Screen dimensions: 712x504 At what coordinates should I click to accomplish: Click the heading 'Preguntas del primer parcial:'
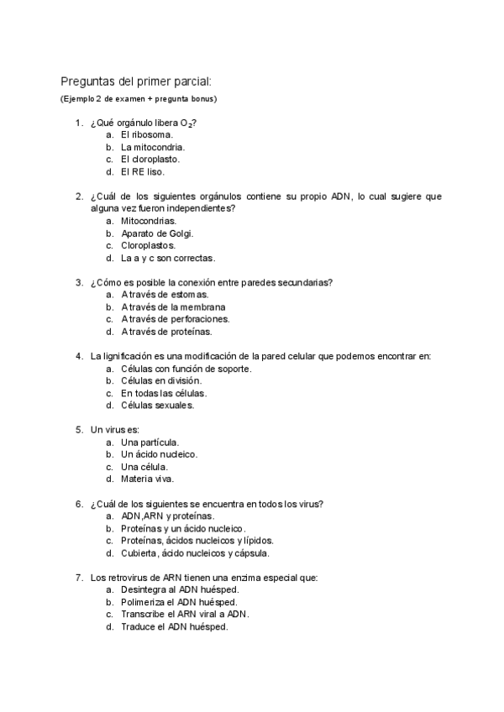(x=136, y=81)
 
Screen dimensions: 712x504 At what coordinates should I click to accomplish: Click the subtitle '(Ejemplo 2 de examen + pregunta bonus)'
(x=138, y=99)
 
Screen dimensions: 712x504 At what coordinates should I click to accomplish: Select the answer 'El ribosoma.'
(x=147, y=134)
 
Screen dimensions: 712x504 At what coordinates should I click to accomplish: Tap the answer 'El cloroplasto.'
(x=150, y=159)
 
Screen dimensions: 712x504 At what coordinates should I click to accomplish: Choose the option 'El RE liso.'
(x=143, y=171)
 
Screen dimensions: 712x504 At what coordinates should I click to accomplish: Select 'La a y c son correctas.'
(x=168, y=258)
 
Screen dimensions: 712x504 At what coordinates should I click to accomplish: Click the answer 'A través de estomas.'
(x=165, y=295)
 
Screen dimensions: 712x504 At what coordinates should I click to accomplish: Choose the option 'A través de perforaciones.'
(x=175, y=319)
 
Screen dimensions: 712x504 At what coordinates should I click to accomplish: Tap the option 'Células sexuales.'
(x=158, y=405)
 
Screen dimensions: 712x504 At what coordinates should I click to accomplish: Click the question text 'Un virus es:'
(x=115, y=430)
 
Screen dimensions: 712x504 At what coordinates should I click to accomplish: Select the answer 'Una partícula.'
(x=150, y=442)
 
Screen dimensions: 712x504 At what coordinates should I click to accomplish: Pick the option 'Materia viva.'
(x=148, y=479)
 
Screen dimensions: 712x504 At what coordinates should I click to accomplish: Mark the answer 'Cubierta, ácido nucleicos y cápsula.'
(x=195, y=552)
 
